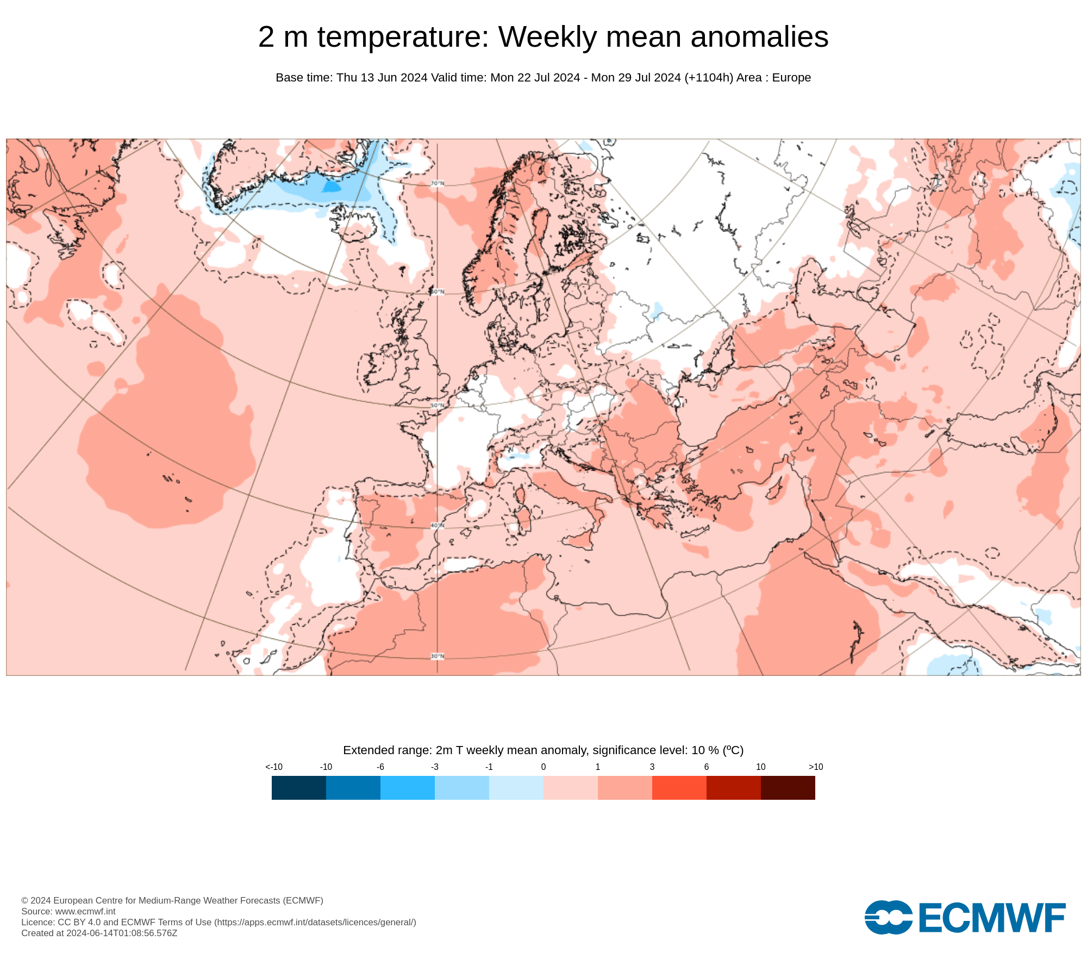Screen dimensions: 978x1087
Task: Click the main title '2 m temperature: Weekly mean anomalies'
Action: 543,37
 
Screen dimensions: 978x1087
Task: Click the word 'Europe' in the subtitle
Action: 791,78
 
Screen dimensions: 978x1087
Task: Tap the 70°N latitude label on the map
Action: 438,184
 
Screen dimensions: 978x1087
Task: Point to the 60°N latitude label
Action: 438,292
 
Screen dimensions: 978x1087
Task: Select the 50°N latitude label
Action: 438,406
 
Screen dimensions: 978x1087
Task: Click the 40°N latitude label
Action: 438,526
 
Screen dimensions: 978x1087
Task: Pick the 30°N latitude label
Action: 438,656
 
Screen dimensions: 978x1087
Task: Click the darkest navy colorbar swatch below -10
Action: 299,788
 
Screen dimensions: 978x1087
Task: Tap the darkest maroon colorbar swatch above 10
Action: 788,788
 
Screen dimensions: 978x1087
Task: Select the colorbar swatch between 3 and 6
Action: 679,788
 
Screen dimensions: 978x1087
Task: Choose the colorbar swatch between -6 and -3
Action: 408,788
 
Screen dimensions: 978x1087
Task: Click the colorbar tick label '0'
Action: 543,767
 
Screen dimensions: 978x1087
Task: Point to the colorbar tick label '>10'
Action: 816,767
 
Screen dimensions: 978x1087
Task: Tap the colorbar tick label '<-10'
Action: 274,767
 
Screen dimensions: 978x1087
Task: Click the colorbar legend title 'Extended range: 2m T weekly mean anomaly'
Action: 543,750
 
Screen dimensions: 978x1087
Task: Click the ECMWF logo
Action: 965,918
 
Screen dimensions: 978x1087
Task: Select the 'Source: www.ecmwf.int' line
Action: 68,911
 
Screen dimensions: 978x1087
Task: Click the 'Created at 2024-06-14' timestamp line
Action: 99,933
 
